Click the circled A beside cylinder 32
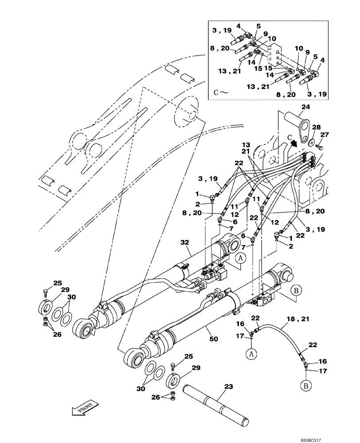pyautogui.click(x=240, y=259)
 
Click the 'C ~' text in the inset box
pyautogui.click(x=220, y=93)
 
